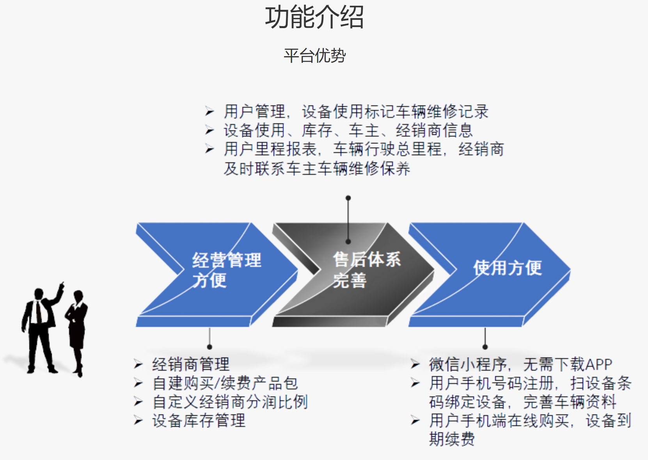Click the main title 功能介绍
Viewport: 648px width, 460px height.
tap(314, 17)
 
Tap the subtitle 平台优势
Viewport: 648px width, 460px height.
tap(315, 55)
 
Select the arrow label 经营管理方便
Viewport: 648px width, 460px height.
tap(227, 270)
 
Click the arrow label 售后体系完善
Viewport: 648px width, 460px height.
tap(367, 270)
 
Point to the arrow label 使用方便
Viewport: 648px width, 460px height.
tap(508, 268)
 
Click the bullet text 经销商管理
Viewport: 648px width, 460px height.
tap(191, 364)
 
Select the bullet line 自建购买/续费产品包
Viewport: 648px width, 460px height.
tap(225, 383)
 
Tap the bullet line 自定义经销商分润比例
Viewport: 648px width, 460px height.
tap(230, 402)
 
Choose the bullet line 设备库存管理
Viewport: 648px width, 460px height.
tap(199, 421)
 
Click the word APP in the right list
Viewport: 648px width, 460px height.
tap(598, 364)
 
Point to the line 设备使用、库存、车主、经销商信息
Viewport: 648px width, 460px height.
tap(348, 130)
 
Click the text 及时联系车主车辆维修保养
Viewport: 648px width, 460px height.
tap(317, 169)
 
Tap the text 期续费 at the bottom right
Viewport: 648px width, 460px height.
tap(452, 439)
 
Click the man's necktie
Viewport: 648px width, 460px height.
tap(39, 312)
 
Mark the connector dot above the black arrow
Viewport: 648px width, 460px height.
tap(348, 198)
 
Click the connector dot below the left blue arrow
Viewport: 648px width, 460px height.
tap(209, 347)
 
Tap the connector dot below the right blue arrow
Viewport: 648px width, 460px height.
tap(485, 347)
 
